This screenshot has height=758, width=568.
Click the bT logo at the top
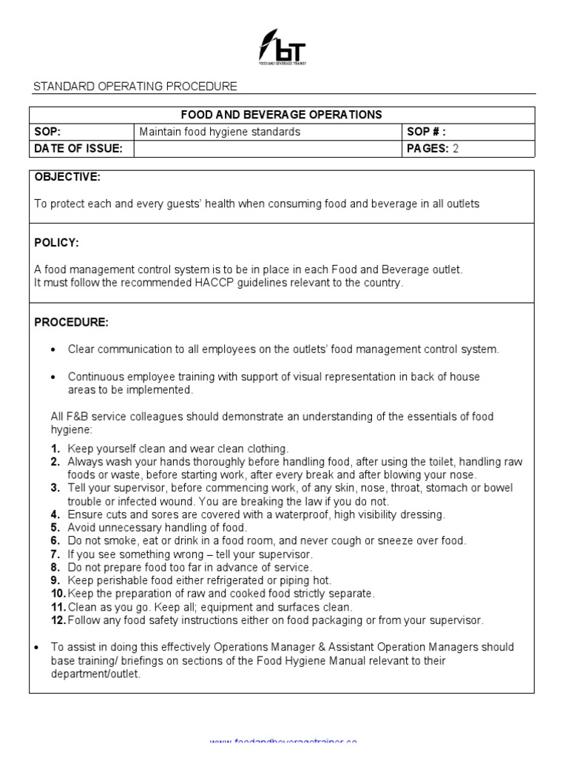point(282,48)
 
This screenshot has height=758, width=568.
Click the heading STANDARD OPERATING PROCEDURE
point(135,87)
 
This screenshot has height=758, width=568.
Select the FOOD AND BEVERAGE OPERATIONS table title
point(282,115)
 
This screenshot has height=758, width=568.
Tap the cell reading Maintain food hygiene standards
point(220,132)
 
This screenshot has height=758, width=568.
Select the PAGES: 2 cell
point(433,149)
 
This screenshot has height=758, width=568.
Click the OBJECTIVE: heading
point(67,178)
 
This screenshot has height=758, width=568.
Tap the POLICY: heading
point(56,243)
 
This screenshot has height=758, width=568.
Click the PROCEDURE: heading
point(71,322)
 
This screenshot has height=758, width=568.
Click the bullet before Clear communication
point(53,349)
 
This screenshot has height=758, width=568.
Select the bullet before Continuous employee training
point(53,377)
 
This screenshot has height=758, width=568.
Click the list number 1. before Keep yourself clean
point(55,449)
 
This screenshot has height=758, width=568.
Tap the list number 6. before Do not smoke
point(55,541)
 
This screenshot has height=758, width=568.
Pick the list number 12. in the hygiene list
point(58,620)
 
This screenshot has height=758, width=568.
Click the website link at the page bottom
point(283,742)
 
